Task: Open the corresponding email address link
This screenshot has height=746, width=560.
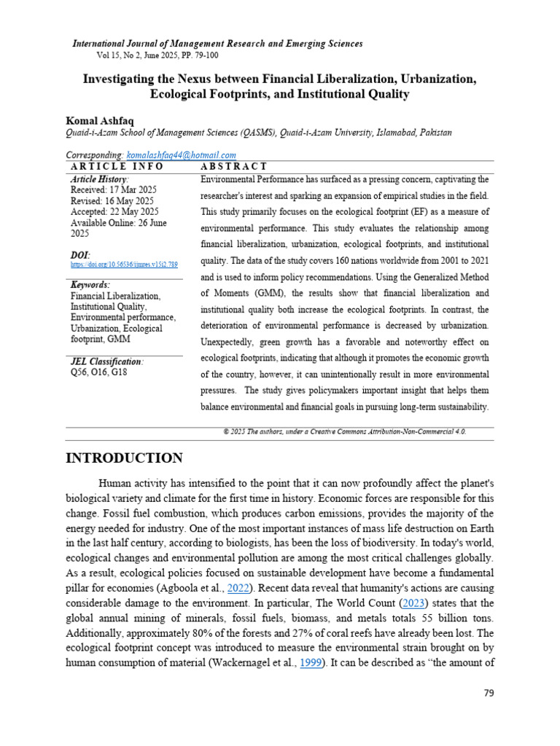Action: tap(181, 155)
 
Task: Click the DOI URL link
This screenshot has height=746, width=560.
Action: tap(124, 265)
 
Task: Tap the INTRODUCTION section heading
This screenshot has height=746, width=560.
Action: tap(125, 458)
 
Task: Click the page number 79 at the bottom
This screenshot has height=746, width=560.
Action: tap(489, 693)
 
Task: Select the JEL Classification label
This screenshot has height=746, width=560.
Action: tap(107, 361)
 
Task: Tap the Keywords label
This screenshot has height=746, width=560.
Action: tap(90, 285)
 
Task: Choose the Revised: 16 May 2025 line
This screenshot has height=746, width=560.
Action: tap(112, 200)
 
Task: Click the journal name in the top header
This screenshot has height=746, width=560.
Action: tap(217, 44)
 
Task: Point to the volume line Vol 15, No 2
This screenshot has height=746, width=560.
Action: tap(157, 55)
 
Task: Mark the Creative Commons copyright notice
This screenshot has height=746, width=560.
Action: tap(344, 431)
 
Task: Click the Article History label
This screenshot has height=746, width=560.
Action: tap(99, 178)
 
